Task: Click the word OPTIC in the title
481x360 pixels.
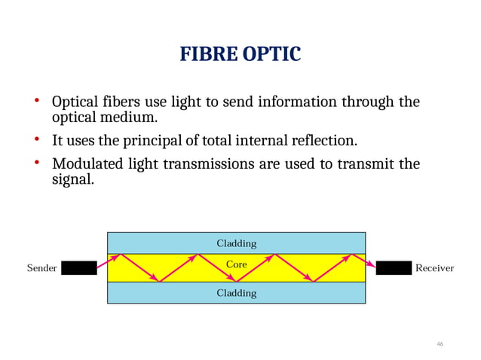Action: [272, 55]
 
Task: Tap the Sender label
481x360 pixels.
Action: [41, 268]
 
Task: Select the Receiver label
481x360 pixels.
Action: [435, 268]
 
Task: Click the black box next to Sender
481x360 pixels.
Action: [79, 268]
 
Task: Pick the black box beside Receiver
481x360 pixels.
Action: [393, 268]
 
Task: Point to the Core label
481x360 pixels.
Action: [237, 265]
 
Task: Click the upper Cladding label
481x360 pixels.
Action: [237, 243]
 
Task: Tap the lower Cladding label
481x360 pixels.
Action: [237, 293]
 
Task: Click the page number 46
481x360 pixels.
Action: [440, 344]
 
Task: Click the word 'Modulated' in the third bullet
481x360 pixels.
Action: [84, 164]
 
